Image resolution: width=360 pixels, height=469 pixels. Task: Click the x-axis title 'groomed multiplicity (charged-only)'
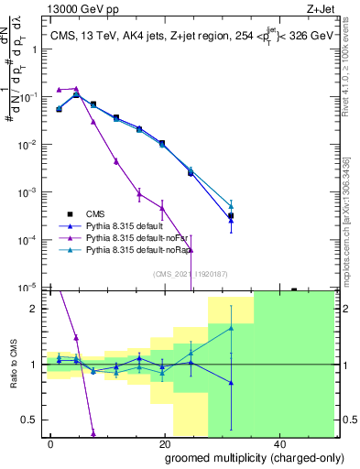[x=243, y=457]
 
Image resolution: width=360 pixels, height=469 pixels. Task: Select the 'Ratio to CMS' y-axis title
[x=13, y=364]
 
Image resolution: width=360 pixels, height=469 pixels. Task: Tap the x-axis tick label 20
[x=164, y=444]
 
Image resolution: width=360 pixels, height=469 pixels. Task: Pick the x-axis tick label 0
[x=51, y=444]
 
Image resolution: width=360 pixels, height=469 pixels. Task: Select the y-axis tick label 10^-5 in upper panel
[x=30, y=288]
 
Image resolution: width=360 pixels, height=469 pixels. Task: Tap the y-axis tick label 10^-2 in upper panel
[x=30, y=145]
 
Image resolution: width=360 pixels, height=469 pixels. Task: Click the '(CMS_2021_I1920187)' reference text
[x=191, y=272]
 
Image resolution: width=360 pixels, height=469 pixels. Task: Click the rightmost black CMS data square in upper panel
[x=231, y=216]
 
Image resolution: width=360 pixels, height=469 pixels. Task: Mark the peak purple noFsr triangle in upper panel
[x=76, y=88]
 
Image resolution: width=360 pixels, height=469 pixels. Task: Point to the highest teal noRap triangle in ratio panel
[x=231, y=328]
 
